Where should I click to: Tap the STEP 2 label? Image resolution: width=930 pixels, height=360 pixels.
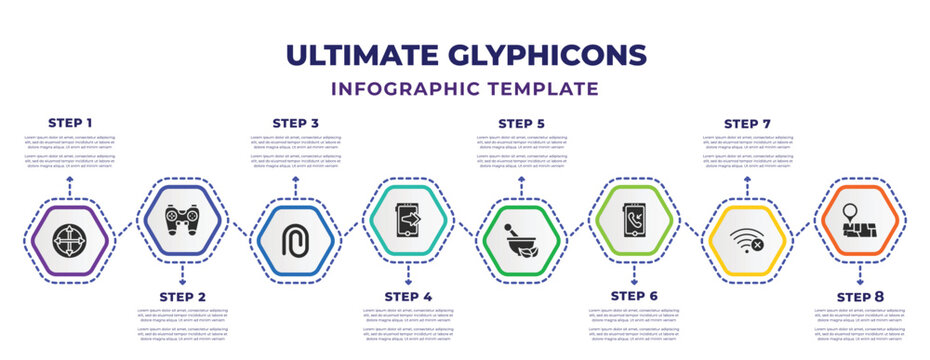[182, 297]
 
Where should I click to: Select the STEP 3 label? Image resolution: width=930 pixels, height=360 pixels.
[295, 123]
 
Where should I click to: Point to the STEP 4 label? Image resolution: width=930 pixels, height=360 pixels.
[408, 297]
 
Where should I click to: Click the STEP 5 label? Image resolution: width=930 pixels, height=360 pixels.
[521, 123]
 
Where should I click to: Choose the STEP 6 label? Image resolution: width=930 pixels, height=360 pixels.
[634, 297]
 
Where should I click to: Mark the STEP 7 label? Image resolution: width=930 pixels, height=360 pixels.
[747, 123]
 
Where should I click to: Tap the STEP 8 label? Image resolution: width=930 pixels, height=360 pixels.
[860, 297]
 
